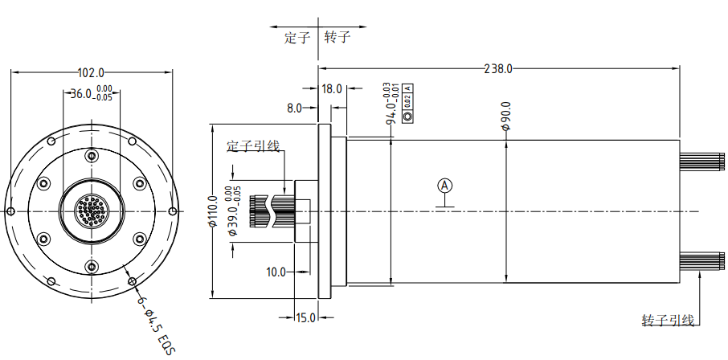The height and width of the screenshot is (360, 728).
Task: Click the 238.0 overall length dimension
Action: tap(498, 69)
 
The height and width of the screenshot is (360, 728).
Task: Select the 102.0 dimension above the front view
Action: tap(91, 72)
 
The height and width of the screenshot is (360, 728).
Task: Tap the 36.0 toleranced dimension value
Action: tap(92, 93)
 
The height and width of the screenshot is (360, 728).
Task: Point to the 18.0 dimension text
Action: tap(333, 88)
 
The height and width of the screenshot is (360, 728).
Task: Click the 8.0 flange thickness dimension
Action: tap(294, 108)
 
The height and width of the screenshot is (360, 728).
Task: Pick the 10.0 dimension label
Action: tap(276, 272)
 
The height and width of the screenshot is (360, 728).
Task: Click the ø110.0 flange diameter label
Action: tap(213, 211)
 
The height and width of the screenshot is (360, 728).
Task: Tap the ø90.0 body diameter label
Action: tap(505, 116)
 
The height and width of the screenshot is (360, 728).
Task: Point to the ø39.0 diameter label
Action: tap(235, 211)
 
